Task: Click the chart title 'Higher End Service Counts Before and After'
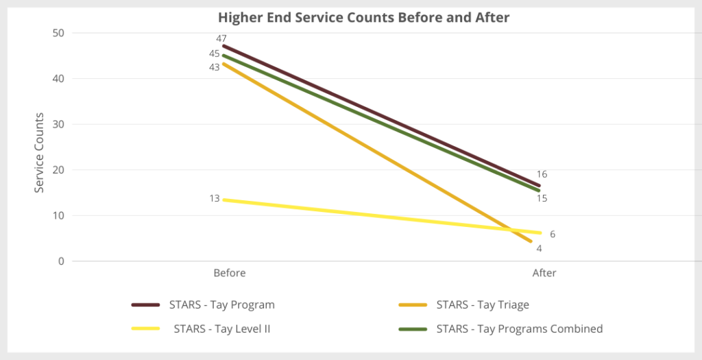[x=363, y=18]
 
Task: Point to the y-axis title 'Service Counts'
[x=40, y=152]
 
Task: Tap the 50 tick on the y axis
[x=59, y=33]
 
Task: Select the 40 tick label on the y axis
[x=59, y=79]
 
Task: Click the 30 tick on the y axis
[x=59, y=124]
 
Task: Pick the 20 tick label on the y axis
[x=59, y=170]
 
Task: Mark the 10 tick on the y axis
[x=59, y=215]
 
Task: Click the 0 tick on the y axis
[x=62, y=261]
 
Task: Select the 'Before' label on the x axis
[x=229, y=273]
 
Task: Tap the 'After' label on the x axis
[x=544, y=273]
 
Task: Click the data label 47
[x=221, y=38]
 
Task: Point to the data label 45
[x=214, y=53]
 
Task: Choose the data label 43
[x=214, y=67]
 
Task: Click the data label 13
[x=214, y=199]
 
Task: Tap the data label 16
[x=542, y=174]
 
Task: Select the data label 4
[x=539, y=248]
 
